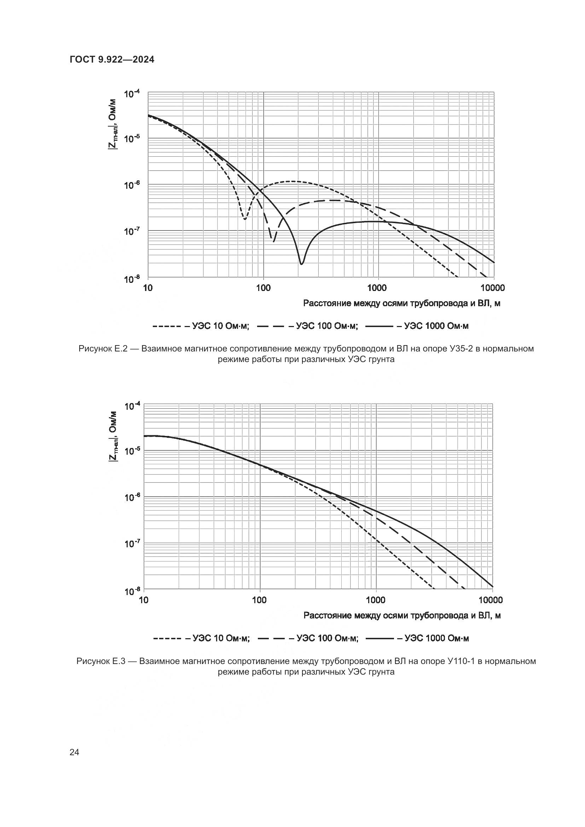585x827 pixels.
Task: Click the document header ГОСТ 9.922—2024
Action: pyautogui.click(x=112, y=60)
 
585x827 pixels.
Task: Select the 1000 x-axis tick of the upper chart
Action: pyautogui.click(x=377, y=288)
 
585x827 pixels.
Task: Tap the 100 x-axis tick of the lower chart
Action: pyautogui.click(x=259, y=600)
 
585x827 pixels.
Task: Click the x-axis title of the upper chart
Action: pyautogui.click(x=402, y=303)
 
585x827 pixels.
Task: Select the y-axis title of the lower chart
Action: pyautogui.click(x=113, y=436)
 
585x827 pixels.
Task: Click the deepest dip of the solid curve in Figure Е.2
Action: pyautogui.click(x=301, y=264)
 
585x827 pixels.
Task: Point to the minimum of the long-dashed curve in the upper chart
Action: pyautogui.click(x=273, y=241)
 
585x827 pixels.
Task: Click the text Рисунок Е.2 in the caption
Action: pyautogui.click(x=103, y=349)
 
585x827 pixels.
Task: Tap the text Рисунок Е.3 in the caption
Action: pyautogui.click(x=101, y=661)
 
